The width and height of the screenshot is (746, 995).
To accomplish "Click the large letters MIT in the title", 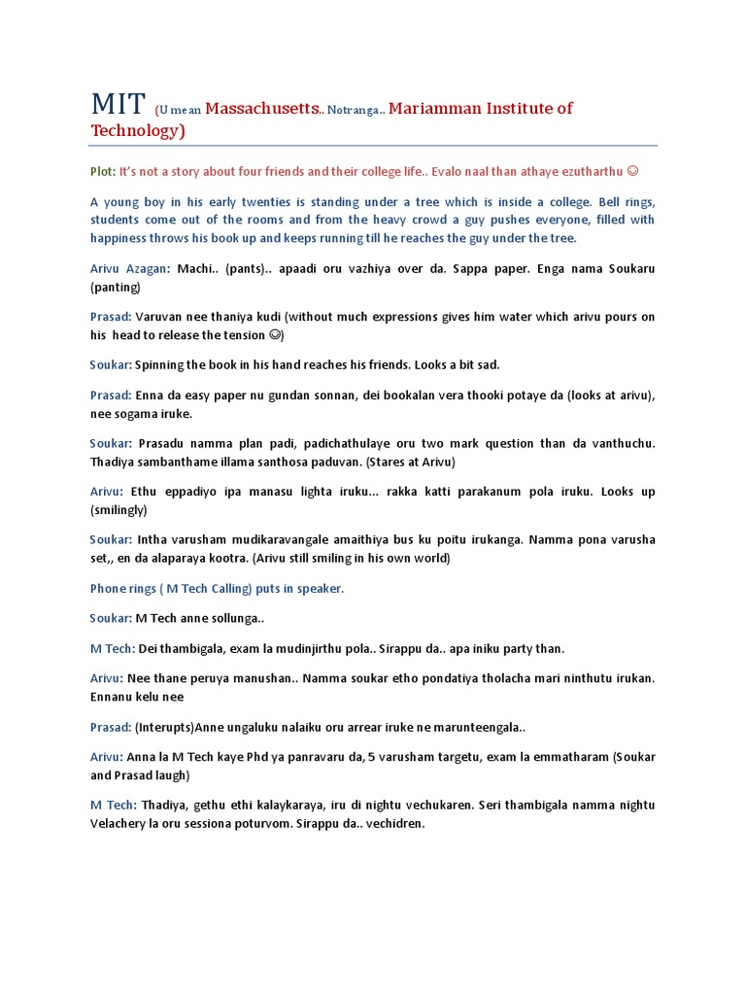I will pyautogui.click(x=118, y=104).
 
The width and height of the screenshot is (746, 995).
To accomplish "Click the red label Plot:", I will pyautogui.click(x=102, y=171).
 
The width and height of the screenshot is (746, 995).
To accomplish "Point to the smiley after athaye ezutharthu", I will pyautogui.click(x=632, y=171).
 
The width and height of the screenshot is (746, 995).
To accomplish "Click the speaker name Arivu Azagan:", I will pyautogui.click(x=130, y=268).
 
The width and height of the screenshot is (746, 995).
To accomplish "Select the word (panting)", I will pyautogui.click(x=116, y=287).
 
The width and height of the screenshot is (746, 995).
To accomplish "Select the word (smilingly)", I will pyautogui.click(x=119, y=510).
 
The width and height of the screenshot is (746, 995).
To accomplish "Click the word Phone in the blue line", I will pyautogui.click(x=109, y=589).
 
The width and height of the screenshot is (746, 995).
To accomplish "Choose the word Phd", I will pyautogui.click(x=260, y=756).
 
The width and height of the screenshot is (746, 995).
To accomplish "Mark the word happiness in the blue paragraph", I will pyautogui.click(x=125, y=238).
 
